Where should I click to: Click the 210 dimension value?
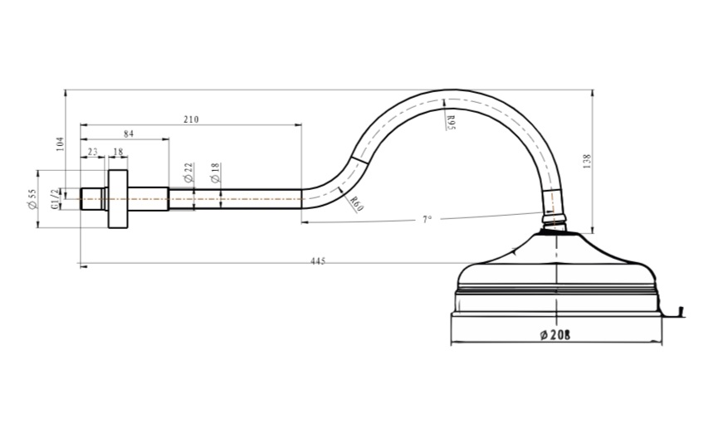click(x=191, y=119)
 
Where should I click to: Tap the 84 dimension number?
click(x=129, y=134)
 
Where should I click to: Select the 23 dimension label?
click(x=93, y=152)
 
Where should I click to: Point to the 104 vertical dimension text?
click(x=60, y=144)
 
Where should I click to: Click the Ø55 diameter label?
click(x=32, y=199)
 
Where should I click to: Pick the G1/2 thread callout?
click(x=56, y=198)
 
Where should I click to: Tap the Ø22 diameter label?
click(x=188, y=173)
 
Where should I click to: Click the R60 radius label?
click(x=356, y=203)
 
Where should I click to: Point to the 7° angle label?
click(x=428, y=219)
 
